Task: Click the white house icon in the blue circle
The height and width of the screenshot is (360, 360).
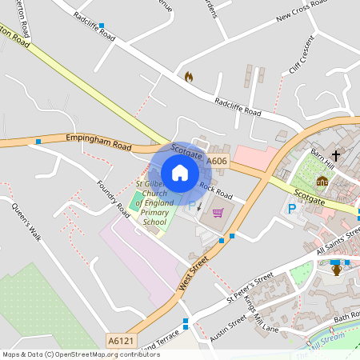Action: point(180,173)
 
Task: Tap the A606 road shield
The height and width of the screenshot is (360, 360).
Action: point(217,162)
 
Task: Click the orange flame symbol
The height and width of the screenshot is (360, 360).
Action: point(189,77)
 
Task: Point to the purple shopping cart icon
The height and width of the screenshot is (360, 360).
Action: point(218,212)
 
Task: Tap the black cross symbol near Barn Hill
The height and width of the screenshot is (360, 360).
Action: point(336,154)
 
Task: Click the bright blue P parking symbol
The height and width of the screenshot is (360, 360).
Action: point(292,209)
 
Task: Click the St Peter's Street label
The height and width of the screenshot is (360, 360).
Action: point(249,287)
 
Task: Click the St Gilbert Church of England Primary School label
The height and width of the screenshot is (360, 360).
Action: point(150,204)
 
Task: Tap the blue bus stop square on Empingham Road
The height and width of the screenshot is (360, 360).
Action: point(38,142)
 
